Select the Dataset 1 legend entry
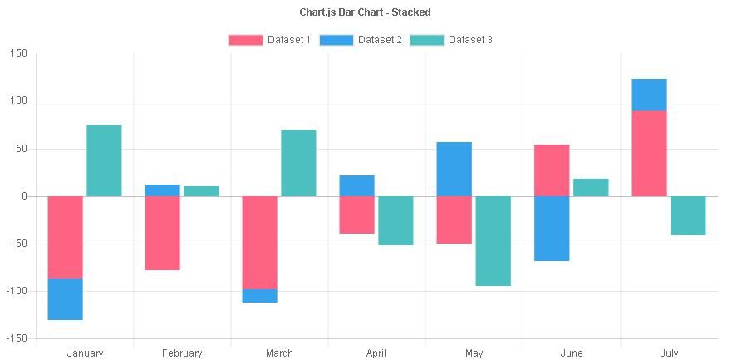click(x=269, y=40)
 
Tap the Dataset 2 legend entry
click(x=360, y=40)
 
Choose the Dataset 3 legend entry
click(x=450, y=40)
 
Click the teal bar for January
click(x=104, y=160)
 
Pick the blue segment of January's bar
click(x=65, y=299)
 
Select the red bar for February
click(x=162, y=233)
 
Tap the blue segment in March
click(x=259, y=296)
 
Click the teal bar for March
click(x=298, y=163)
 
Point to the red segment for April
click(x=356, y=215)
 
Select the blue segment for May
click(x=454, y=169)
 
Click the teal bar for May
click(x=493, y=241)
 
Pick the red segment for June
click(x=552, y=170)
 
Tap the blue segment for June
click(x=552, y=229)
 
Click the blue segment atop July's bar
click(x=649, y=94)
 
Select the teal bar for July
click(x=688, y=215)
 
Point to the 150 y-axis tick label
click(x=19, y=53)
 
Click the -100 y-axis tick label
click(x=16, y=292)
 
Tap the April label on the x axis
click(x=376, y=353)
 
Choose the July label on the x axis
click(x=669, y=353)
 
